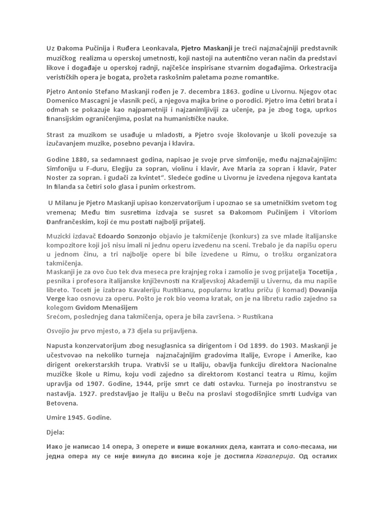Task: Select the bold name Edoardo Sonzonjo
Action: click(x=128, y=236)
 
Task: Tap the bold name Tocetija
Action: click(x=318, y=272)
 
